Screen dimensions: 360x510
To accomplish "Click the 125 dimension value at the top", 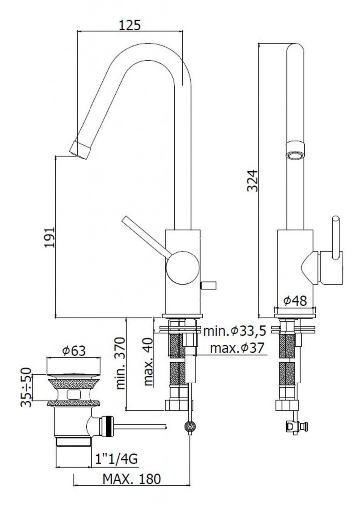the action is (129, 25).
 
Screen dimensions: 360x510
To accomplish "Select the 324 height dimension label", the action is (252, 181).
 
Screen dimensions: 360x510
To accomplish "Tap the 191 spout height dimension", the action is (50, 237).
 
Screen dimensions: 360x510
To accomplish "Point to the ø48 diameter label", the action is (295, 301).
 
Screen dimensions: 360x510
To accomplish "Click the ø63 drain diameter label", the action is (74, 350).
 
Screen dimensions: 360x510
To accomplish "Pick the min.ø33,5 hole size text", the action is (235, 331).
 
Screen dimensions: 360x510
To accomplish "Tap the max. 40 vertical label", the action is (148, 361).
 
